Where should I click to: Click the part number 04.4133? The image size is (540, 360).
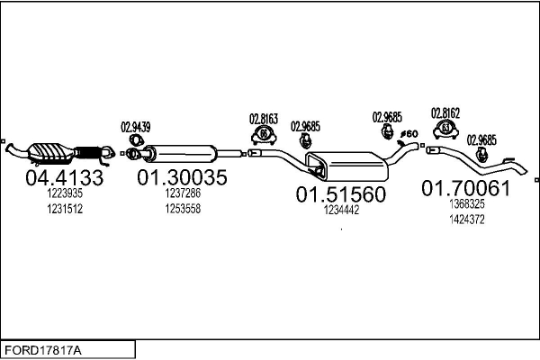coord(61,178)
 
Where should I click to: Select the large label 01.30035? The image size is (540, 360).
coord(182,178)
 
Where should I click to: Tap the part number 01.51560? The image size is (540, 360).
coord(341,193)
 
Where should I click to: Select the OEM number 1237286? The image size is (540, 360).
coord(182,193)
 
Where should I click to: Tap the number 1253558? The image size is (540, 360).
coord(182,208)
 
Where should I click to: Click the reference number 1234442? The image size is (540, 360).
coord(341,210)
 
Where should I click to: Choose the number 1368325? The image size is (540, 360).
coord(466,204)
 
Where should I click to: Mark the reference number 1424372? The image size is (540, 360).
coord(466,219)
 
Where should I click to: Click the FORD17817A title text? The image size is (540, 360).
coord(43,348)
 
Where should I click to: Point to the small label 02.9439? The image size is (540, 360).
coord(136,127)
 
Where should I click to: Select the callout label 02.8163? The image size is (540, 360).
coord(264,118)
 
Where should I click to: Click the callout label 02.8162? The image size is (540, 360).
coord(445,112)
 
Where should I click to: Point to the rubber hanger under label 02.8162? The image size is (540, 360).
coord(445,132)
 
